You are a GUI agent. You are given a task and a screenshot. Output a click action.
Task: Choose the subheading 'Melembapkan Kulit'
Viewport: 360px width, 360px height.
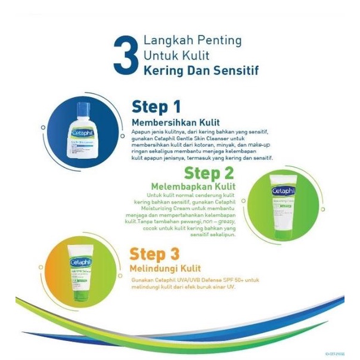(x=202, y=187)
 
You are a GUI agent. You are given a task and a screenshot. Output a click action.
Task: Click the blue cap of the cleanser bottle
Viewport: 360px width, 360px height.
(x=83, y=109)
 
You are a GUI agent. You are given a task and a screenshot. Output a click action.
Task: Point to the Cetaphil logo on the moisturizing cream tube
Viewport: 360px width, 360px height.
(x=282, y=192)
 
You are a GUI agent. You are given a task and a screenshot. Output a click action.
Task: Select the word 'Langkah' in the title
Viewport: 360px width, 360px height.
(x=167, y=41)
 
